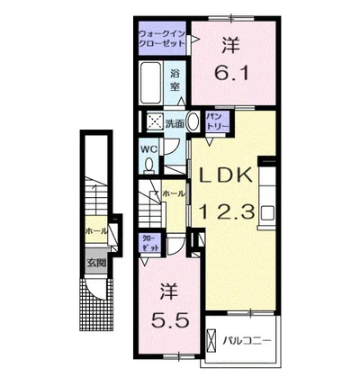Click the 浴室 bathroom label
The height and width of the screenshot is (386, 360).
(176, 79)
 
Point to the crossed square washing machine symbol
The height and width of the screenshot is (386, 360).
(155, 121)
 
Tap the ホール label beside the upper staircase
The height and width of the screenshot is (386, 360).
(174, 193)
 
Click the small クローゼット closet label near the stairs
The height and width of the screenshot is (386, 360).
(149, 241)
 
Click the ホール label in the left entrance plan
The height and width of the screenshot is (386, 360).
(95, 231)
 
